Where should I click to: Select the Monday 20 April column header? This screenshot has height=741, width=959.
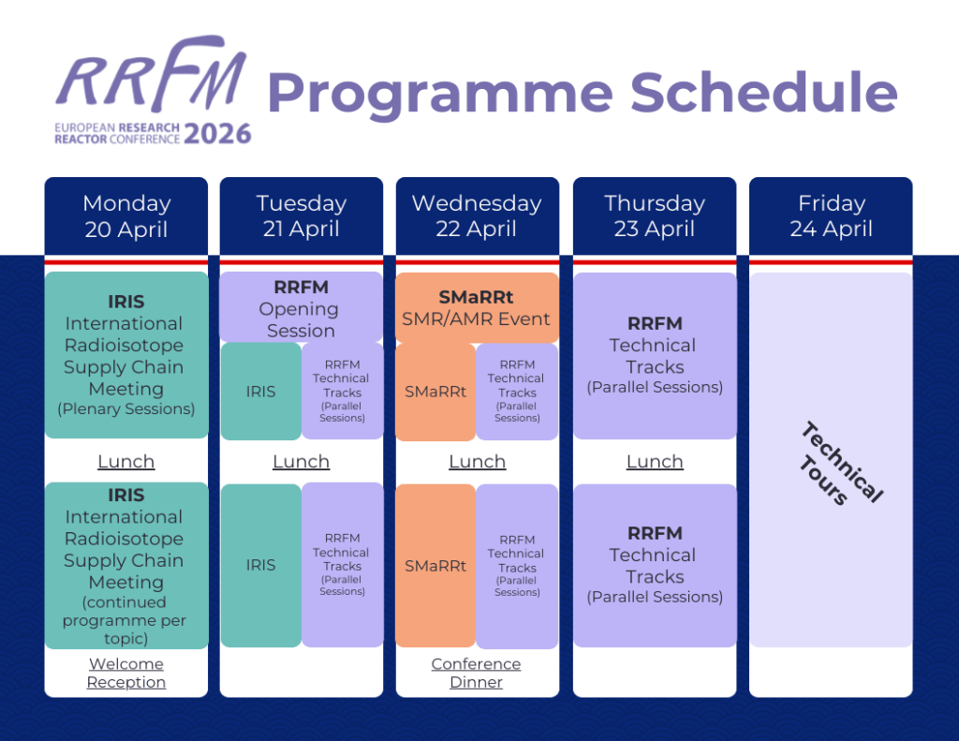point(125,215)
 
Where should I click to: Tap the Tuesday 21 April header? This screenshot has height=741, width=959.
point(301,215)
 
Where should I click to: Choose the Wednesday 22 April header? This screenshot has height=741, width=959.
point(477,215)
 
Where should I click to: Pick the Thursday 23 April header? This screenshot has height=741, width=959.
point(654,215)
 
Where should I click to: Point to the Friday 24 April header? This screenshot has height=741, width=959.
point(831,215)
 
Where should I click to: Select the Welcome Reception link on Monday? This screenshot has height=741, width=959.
point(125,673)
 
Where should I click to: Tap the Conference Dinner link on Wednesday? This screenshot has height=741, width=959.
point(476,673)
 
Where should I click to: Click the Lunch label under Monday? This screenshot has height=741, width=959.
point(125,462)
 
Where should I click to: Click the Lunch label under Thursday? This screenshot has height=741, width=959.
point(654,462)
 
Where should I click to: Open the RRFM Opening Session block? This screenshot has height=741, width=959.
point(301,308)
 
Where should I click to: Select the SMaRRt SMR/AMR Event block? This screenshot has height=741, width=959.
point(476,308)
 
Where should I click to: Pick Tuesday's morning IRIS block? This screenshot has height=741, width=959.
point(260,392)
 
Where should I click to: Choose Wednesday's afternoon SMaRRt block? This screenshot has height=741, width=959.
point(435,566)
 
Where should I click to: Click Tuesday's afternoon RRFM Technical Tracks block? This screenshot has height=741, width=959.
point(342,565)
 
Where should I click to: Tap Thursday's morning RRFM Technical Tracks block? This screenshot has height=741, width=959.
point(654,356)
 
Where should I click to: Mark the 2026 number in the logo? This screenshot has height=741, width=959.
point(217,134)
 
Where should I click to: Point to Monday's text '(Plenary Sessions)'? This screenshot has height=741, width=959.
point(125,408)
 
